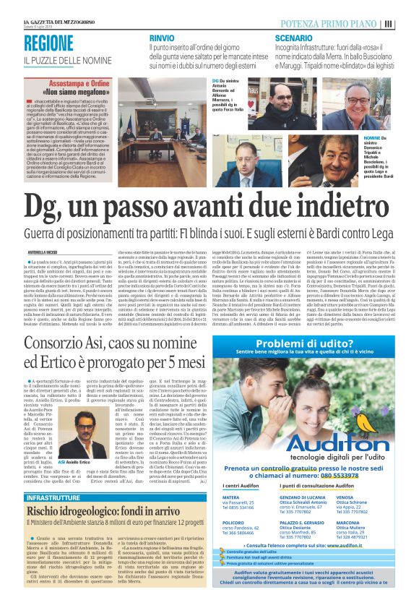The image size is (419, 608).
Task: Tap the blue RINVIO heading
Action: (x=161, y=37)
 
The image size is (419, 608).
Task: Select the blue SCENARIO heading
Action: (x=293, y=37)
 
